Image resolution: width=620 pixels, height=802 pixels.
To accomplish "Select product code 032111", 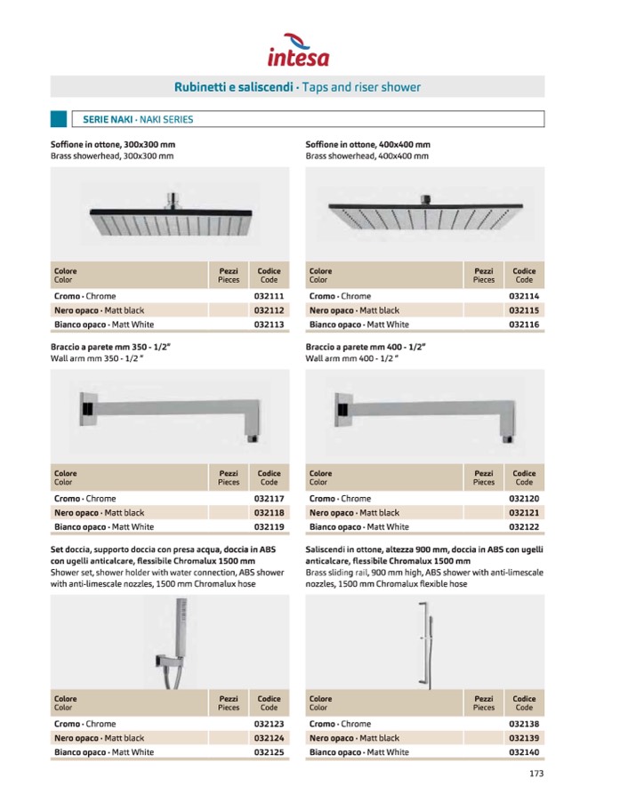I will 269,296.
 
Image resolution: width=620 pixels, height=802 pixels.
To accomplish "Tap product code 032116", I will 524,325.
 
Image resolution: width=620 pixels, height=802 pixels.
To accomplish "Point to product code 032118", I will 269,513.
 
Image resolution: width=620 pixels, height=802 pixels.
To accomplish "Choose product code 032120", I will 524,499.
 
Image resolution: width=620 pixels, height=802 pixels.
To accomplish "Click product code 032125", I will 269,752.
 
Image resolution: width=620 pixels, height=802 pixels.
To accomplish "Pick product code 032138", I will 524,724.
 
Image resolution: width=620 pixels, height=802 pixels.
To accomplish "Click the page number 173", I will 535,774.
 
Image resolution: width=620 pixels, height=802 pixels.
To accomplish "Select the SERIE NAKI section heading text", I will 138,119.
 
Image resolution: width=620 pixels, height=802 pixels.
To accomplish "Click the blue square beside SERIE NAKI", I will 59,119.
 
